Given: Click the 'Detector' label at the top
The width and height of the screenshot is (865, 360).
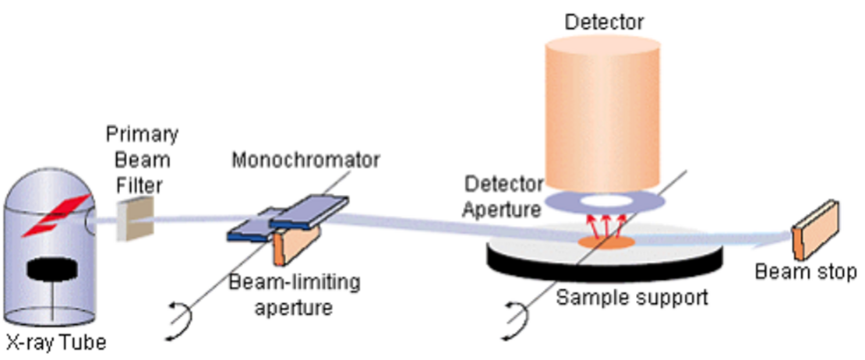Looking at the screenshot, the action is (x=604, y=22).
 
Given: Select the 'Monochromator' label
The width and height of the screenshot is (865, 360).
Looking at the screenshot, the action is (x=305, y=160).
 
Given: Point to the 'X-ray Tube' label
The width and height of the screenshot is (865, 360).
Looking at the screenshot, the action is (x=55, y=343).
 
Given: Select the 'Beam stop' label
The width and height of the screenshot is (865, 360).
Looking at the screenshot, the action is (x=806, y=272).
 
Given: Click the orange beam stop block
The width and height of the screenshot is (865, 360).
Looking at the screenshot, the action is (x=815, y=230).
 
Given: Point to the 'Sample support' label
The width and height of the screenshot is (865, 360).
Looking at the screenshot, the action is (x=632, y=297).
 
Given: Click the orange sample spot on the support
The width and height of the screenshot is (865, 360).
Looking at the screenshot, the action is (x=605, y=241).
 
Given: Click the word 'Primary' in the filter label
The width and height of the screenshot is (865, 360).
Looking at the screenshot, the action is (x=142, y=134).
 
